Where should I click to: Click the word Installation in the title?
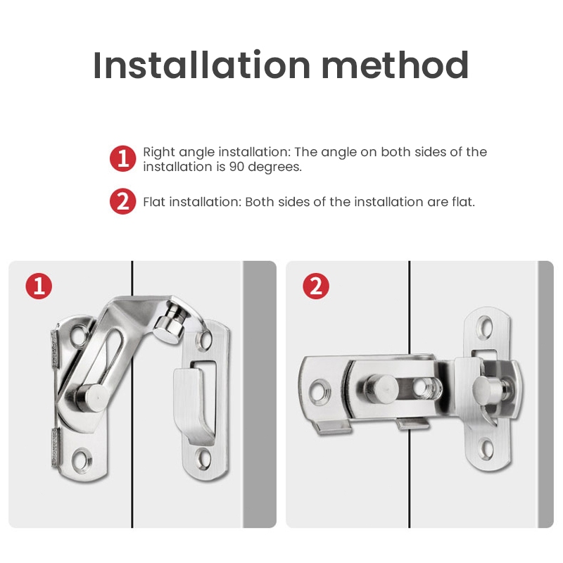point(201,65)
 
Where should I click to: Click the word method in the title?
point(395,65)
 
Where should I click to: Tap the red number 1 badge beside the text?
point(122,158)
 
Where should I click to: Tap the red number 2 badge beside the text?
point(122,201)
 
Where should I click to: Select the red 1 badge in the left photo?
point(39,286)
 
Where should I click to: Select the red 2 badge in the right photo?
point(316,286)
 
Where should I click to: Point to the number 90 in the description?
point(236,167)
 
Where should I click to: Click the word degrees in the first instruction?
point(274,167)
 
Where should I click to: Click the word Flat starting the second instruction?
point(154,202)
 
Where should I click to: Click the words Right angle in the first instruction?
point(179,153)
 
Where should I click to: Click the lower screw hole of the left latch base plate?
point(82,459)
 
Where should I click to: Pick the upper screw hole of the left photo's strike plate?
point(204,340)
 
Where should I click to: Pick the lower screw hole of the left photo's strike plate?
point(203,459)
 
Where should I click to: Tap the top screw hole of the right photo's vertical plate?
point(486,327)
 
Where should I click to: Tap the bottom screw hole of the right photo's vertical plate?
point(486,450)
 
